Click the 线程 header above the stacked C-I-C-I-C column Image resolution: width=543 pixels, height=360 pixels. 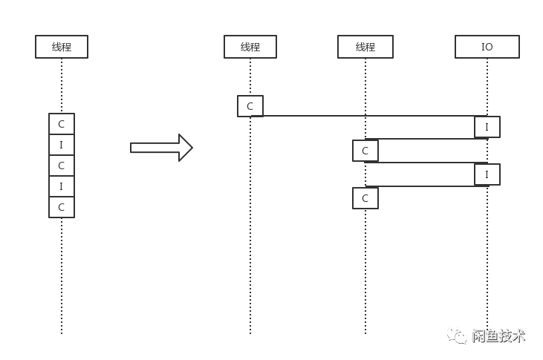[62, 47]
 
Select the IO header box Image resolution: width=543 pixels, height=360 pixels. [487, 47]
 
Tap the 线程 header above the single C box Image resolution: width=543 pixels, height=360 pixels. [250, 47]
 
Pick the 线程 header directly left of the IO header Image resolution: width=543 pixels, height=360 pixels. [365, 47]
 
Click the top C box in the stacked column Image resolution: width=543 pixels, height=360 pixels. [62, 124]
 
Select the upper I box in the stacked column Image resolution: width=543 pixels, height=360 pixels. [62, 145]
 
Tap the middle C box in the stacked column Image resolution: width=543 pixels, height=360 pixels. [62, 166]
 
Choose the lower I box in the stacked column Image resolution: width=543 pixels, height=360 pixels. [62, 186]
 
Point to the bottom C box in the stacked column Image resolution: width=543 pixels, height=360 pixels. [62, 207]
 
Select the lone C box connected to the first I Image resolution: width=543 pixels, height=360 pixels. [250, 106]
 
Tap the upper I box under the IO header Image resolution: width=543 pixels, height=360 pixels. [487, 127]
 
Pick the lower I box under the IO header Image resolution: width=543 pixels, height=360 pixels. [487, 174]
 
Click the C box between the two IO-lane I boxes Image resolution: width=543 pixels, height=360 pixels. [365, 151]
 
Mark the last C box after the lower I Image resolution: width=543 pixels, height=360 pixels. [365, 198]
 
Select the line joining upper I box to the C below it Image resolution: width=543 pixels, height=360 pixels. [423, 139]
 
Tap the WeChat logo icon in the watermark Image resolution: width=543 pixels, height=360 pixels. [458, 336]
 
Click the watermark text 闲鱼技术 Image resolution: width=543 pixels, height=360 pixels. [498, 336]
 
